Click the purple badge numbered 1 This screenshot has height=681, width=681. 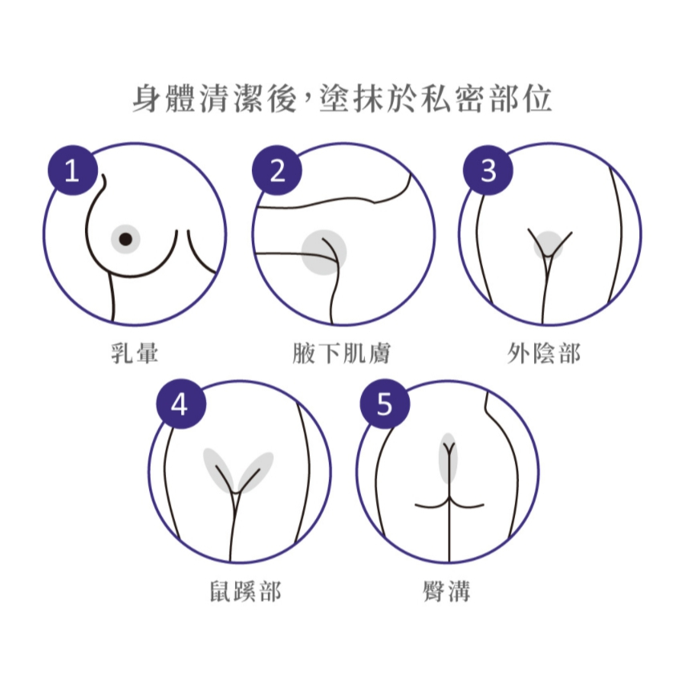(72, 170)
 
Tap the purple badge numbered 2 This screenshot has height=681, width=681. (277, 170)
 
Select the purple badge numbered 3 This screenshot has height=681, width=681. (488, 170)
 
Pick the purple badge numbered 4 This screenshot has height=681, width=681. (181, 404)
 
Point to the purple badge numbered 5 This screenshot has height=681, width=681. (385, 404)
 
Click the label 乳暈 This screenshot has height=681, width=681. (135, 353)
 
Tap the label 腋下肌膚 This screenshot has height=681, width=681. (342, 353)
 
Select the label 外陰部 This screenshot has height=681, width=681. (544, 353)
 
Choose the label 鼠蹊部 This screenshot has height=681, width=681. (245, 590)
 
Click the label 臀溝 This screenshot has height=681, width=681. (447, 590)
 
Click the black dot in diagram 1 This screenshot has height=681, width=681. (125, 238)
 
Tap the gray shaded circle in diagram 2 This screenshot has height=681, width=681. (324, 253)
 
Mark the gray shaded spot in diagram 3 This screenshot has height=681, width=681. (548, 245)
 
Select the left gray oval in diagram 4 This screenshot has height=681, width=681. (220, 470)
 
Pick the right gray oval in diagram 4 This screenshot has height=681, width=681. (255, 472)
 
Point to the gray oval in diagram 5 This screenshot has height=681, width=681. (448, 458)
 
